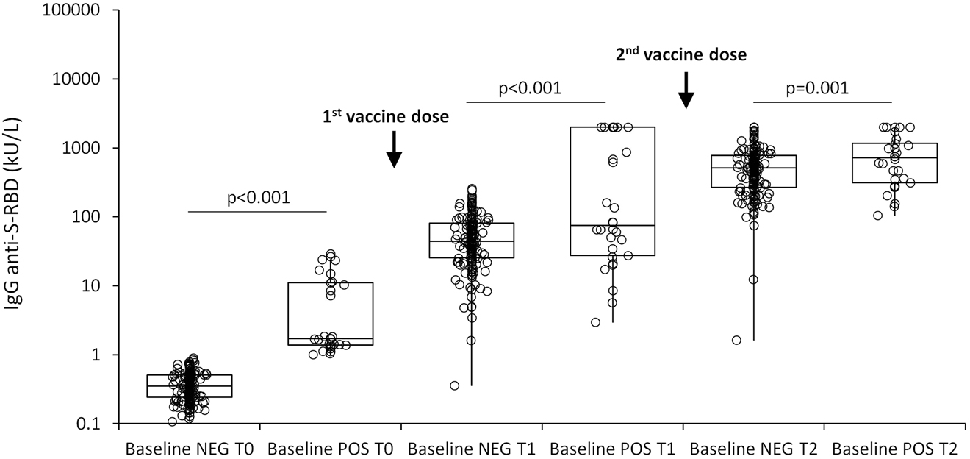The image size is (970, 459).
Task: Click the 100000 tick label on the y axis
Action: [x=71, y=10]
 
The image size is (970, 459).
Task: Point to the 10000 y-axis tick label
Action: [x=76, y=79]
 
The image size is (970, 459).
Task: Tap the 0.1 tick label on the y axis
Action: [x=89, y=424]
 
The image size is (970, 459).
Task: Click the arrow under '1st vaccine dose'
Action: [x=394, y=149]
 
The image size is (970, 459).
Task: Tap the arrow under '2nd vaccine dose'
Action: [x=686, y=90]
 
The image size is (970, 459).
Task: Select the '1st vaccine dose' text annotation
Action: [x=386, y=117]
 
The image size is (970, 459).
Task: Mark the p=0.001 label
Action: [x=817, y=88]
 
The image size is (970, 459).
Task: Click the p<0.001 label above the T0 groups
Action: [x=259, y=198]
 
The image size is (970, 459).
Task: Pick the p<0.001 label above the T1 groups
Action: [x=530, y=88]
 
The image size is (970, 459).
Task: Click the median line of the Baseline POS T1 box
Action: [x=612, y=225]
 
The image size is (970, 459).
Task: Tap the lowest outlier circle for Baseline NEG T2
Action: [x=736, y=341]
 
